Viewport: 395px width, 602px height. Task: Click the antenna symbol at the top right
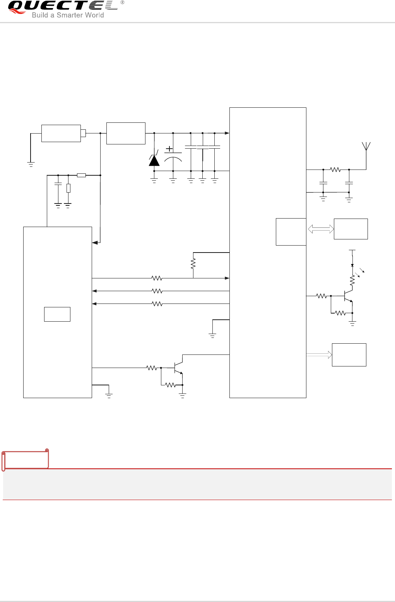366,147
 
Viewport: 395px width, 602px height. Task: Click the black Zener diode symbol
154,160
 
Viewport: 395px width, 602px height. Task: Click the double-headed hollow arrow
321,229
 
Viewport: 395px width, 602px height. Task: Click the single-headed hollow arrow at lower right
319,354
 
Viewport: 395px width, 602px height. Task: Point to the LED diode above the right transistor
352,265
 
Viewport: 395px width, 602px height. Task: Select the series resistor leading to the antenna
335,170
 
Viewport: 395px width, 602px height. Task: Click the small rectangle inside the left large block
57,314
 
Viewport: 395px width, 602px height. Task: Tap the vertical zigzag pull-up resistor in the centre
193,264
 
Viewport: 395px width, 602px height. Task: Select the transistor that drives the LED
348,296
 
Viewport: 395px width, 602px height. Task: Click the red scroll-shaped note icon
26,459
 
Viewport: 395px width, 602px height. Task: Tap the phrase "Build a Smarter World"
68,15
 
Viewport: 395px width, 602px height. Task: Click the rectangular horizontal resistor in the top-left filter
81,175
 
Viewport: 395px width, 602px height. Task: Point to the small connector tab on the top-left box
83,133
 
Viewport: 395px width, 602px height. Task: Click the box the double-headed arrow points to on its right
351,229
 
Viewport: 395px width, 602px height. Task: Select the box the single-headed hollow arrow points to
349,354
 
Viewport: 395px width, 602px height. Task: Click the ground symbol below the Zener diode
154,180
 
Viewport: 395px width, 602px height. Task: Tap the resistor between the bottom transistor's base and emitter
170,385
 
